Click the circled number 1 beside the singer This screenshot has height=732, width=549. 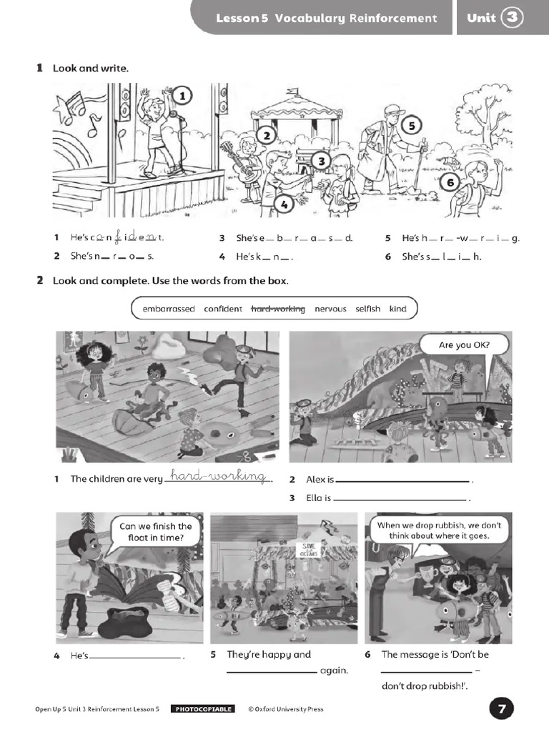tap(182, 96)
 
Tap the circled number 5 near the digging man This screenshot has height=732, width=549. tap(412, 126)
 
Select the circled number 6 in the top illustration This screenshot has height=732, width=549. tap(450, 182)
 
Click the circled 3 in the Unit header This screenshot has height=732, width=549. tap(512, 18)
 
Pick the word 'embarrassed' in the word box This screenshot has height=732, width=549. tap(169, 309)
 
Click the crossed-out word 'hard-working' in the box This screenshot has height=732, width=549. tap(278, 309)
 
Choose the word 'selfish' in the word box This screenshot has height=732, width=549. tap(368, 309)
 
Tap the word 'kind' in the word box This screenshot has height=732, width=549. tap(397, 309)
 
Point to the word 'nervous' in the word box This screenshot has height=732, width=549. tap(330, 309)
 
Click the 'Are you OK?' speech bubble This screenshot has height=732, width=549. tap(464, 346)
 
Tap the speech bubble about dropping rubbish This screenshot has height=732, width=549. tap(439, 530)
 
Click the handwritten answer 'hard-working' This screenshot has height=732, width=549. tap(219, 477)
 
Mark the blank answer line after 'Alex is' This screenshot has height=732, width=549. tap(403, 481)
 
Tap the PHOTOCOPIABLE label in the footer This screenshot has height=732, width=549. tap(203, 709)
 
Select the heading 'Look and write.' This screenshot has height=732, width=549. tap(91, 69)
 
